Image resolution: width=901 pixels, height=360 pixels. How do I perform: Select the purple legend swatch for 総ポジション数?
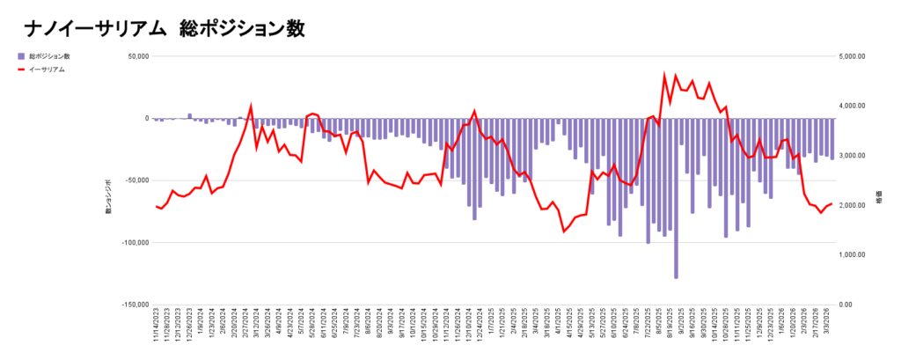point(21,55)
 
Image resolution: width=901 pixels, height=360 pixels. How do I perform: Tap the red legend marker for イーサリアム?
point(21,69)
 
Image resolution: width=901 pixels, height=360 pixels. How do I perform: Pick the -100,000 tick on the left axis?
point(133,243)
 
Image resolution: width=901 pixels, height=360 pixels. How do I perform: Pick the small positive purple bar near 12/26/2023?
point(189,115)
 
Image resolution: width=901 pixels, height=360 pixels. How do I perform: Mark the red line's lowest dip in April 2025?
point(564,231)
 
